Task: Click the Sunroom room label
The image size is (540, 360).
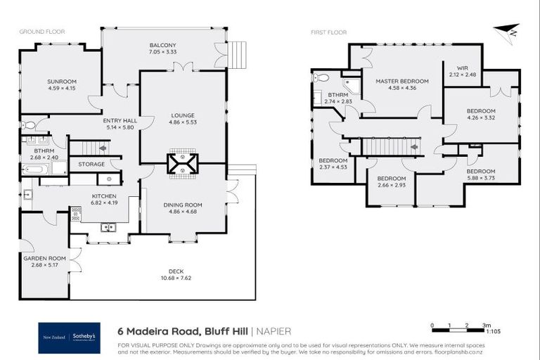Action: click(x=61, y=82)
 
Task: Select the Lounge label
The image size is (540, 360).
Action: click(x=183, y=115)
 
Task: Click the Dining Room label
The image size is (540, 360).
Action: click(x=183, y=205)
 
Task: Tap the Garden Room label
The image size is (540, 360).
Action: click(x=44, y=258)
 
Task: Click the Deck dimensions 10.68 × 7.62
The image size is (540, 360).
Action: click(x=176, y=277)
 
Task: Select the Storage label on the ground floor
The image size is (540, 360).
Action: click(x=91, y=165)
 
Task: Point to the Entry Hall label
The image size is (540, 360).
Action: click(x=120, y=120)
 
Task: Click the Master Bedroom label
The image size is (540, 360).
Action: click(x=401, y=81)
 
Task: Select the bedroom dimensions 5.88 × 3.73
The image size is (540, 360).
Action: click(x=481, y=179)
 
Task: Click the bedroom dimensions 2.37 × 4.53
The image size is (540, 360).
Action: click(x=333, y=167)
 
